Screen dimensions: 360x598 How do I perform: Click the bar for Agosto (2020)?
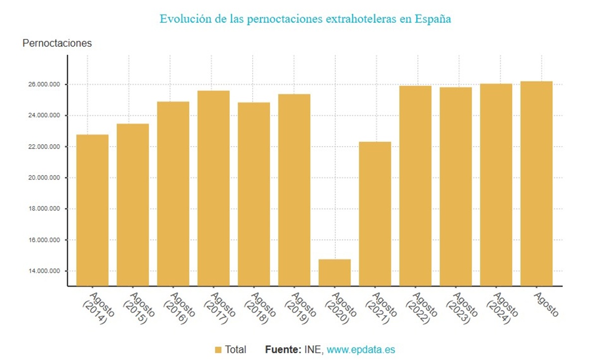[334, 273]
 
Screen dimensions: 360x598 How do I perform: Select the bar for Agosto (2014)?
[92, 209]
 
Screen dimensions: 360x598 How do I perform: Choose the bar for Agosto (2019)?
[294, 189]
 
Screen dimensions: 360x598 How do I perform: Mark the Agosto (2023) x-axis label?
[461, 308]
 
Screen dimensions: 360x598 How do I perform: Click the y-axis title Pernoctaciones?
[57, 43]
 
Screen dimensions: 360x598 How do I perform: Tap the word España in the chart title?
[433, 19]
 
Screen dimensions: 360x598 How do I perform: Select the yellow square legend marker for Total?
[218, 350]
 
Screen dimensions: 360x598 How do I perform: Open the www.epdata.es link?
[361, 350]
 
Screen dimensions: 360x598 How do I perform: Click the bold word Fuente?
[282, 350]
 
